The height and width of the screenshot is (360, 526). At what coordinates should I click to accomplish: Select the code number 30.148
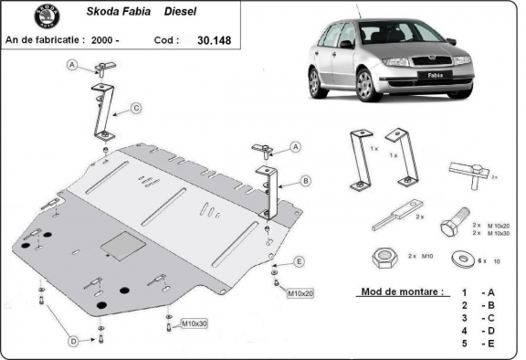click(213, 40)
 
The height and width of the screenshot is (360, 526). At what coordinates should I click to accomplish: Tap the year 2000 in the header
click(104, 40)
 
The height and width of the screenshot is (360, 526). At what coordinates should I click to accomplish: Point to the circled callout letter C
click(135, 109)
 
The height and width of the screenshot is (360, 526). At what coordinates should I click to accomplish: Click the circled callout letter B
click(305, 180)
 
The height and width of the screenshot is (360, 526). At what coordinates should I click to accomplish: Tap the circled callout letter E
click(299, 261)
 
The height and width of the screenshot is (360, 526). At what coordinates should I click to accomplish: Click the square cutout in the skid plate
click(118, 244)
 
